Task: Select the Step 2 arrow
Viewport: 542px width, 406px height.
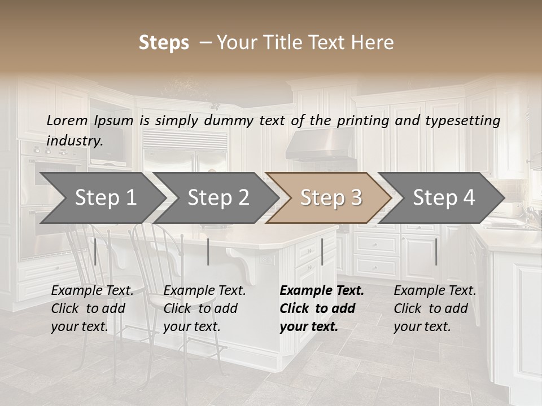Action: coord(217,198)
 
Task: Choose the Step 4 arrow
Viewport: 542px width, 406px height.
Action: coord(443,198)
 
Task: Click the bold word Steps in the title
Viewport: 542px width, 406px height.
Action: coord(164,43)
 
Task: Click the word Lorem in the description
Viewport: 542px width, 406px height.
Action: coord(67,120)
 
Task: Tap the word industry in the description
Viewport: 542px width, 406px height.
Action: coord(74,140)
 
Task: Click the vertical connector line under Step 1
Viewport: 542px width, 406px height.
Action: coord(95,252)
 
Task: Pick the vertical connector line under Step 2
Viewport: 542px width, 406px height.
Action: coord(208,252)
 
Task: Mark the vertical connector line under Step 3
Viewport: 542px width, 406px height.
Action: coord(322,252)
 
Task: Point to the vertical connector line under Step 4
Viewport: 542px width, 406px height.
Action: coord(436,252)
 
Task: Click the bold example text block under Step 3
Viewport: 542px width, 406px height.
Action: coord(322,308)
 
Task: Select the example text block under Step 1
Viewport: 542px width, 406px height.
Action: coord(92,308)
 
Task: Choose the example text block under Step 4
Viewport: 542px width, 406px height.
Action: coord(435,308)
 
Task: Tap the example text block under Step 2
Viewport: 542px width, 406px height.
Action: coord(204,308)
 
